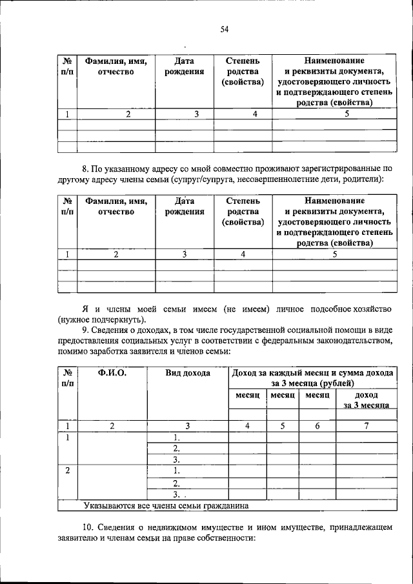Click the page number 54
pos(225,28)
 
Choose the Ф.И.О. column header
pos(112,373)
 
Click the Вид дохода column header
pos(188,373)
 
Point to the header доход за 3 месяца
pos(366,399)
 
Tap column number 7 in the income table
pos(366,426)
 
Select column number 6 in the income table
pos(317,426)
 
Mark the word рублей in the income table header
pos(335,383)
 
